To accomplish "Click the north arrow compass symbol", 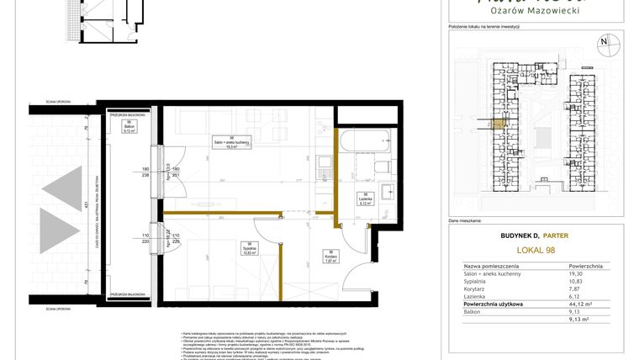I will [604, 41].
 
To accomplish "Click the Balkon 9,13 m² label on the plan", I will [129, 128].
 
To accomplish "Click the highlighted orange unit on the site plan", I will [499, 125].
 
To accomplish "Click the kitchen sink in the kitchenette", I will [324, 161].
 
